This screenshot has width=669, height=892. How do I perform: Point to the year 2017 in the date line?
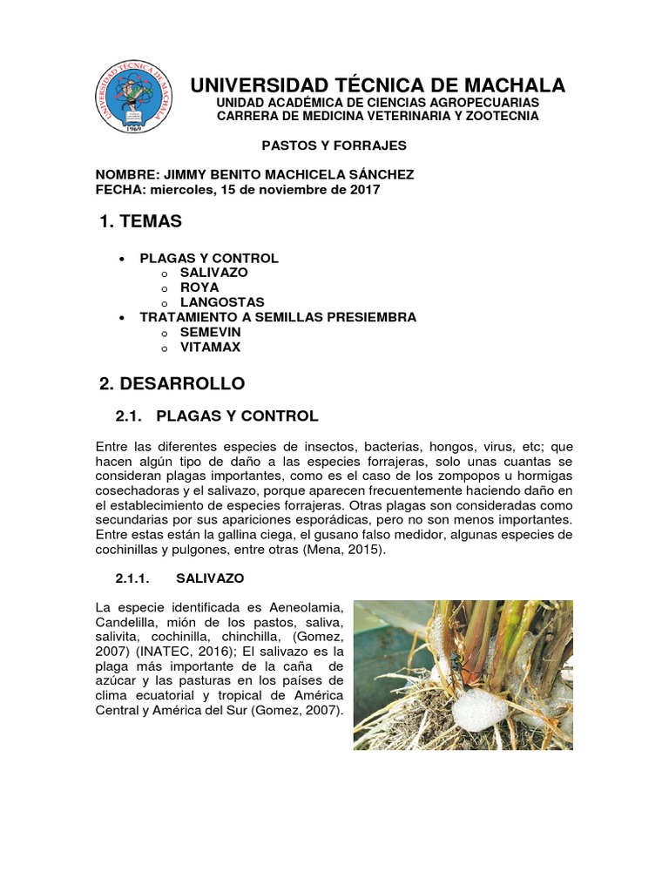364,189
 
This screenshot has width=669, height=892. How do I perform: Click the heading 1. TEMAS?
141,222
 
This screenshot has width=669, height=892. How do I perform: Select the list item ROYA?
199,287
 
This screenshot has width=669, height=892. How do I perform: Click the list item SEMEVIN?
210,332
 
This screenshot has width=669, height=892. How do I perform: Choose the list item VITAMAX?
210,347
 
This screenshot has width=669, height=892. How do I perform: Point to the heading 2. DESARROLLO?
172,383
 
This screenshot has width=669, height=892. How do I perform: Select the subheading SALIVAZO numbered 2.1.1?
210,578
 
